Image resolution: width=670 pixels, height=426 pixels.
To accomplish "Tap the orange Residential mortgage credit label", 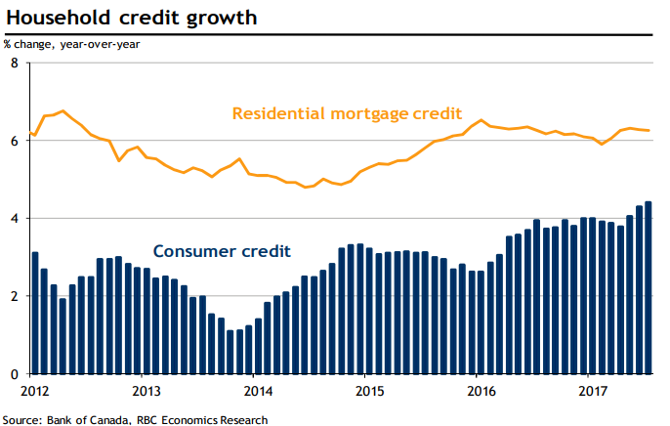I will (x=347, y=113).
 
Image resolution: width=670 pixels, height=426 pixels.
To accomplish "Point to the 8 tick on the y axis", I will (x=15, y=64).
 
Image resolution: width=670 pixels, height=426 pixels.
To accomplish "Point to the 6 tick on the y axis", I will (x=15, y=141).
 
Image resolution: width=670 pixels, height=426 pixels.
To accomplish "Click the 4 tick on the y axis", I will (x=15, y=218).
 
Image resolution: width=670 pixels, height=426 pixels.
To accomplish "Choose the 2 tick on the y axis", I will (x=15, y=296).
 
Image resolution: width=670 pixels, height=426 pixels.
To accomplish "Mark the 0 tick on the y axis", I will (x=15, y=373).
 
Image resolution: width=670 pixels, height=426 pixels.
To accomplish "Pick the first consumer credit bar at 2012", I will (x=35, y=313).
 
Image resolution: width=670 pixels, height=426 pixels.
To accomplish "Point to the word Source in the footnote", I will (x=21, y=419).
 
